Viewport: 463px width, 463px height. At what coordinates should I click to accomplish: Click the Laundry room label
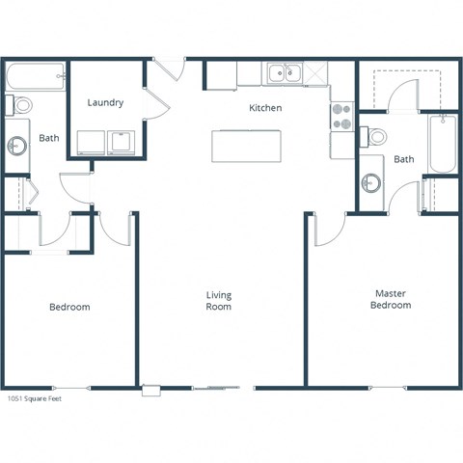[x=105, y=102]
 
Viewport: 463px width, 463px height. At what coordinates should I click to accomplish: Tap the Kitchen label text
[x=265, y=108]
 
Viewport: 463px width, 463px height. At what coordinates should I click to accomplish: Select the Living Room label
[x=219, y=301]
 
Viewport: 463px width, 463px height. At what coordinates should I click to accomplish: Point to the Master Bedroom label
[x=391, y=299]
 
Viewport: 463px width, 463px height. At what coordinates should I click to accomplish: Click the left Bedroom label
[x=69, y=307]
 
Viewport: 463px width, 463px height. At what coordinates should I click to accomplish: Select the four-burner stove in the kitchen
[x=342, y=116]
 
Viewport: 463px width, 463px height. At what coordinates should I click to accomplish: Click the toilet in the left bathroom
[x=20, y=104]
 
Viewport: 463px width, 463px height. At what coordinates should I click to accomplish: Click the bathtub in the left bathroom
[x=36, y=75]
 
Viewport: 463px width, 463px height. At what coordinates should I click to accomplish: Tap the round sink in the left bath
[x=16, y=146]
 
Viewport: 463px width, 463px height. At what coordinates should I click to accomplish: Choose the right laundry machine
[x=123, y=142]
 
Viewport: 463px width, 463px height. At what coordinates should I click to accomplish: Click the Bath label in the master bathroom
[x=404, y=159]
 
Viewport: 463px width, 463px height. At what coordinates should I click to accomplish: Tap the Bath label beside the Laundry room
[x=48, y=138]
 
